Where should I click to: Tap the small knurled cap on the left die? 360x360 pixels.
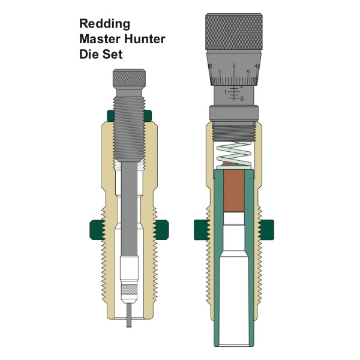pos(129,77)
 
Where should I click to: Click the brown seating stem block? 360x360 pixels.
pos(233,193)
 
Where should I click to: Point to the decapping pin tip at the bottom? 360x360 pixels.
pos(130,317)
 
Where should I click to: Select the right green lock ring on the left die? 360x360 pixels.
pos(160,228)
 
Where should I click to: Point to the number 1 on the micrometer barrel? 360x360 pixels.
pos(226,92)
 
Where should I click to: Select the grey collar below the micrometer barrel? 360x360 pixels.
pos(234,113)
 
